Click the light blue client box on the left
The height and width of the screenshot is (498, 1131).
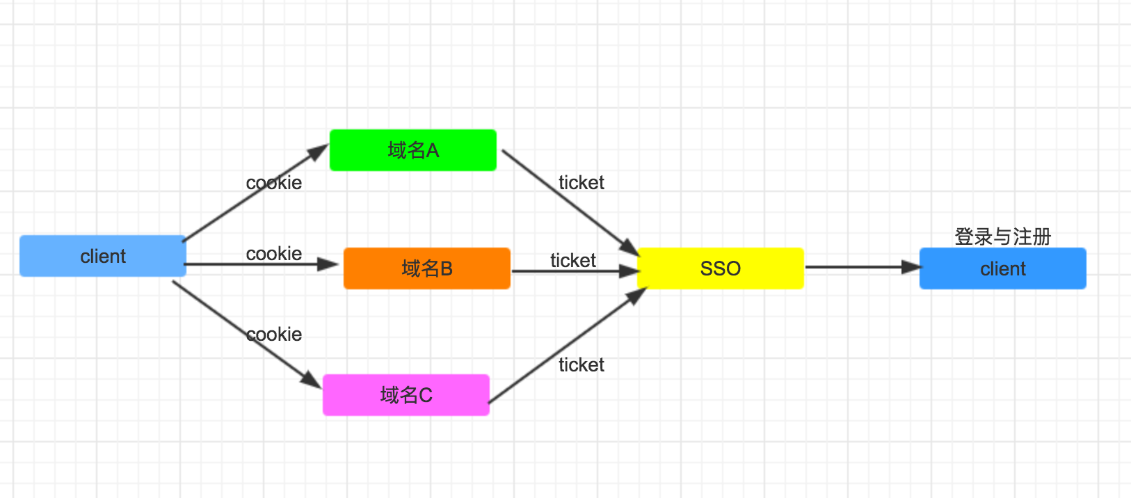click(102, 256)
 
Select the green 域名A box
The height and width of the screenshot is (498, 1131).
click(412, 150)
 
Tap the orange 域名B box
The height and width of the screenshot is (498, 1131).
click(426, 268)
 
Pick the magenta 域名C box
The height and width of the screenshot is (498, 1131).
click(406, 395)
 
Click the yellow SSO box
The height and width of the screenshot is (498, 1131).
click(720, 268)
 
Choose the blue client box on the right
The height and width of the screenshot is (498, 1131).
click(1002, 268)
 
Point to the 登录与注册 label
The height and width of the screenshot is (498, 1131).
click(1002, 236)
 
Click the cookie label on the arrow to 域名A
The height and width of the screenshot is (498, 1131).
click(274, 183)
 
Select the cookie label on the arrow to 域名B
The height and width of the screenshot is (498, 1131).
click(274, 254)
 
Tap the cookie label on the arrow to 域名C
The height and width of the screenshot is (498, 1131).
click(274, 335)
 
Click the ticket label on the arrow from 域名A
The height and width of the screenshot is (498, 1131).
click(581, 183)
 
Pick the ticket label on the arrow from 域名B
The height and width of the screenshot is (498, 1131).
click(573, 261)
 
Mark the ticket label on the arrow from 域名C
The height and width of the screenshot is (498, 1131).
click(581, 365)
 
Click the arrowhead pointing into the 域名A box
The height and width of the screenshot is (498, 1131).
click(320, 151)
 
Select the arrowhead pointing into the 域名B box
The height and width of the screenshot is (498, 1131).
click(328, 264)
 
